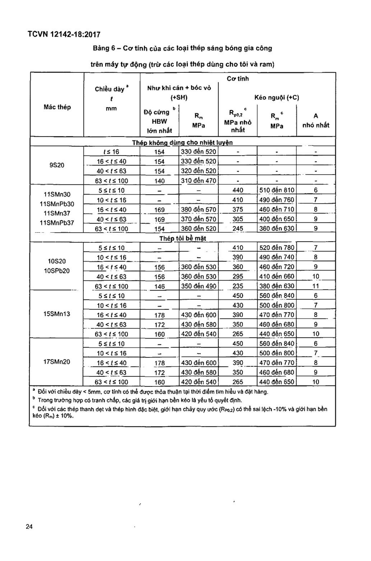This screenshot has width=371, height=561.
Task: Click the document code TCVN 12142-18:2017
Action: point(64,35)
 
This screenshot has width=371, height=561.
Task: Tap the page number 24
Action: point(29,527)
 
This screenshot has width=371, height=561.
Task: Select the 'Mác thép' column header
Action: point(57,107)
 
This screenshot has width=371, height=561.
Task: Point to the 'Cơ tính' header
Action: point(238,79)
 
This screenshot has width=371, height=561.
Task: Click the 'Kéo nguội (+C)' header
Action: point(277,97)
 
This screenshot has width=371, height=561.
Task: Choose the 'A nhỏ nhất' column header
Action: point(316,120)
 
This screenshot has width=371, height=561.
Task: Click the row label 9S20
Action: point(57,165)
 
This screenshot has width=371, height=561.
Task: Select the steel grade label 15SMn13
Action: point(57,314)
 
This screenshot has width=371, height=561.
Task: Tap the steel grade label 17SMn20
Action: point(57,362)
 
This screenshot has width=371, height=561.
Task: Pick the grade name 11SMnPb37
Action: point(57,223)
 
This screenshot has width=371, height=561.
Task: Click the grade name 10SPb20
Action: point(57,271)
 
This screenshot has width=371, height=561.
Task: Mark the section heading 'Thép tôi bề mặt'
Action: point(183,238)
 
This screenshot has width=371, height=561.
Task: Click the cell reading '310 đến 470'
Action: point(198,181)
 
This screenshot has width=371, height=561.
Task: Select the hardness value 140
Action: point(159,181)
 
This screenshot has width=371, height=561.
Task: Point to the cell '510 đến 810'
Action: point(277,190)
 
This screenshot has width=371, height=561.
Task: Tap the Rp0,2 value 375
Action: point(238,209)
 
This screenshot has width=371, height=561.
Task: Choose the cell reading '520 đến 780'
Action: point(277,248)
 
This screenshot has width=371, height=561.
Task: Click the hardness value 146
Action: point(159,286)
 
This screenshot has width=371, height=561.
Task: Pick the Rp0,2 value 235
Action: point(238,286)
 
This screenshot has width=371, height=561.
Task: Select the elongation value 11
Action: point(316,286)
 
